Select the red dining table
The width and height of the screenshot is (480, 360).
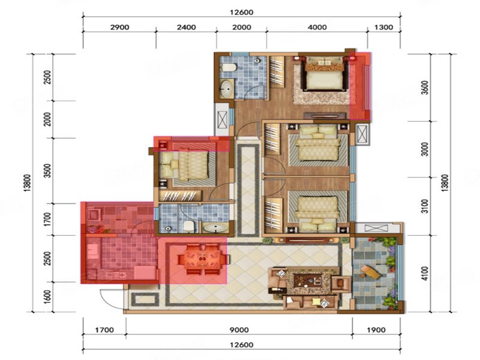[203, 259]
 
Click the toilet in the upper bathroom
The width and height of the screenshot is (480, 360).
[228, 69]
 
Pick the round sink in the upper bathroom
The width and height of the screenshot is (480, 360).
[226, 91]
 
